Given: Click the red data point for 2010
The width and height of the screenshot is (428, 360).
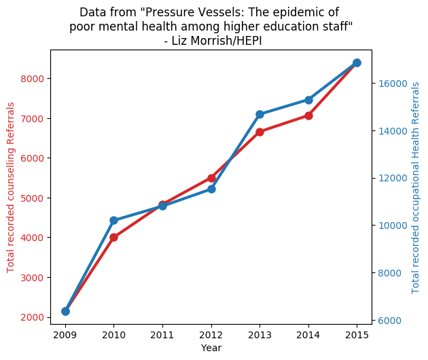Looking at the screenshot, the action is [x=114, y=238].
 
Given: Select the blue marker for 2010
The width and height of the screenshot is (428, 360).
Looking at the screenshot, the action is [x=114, y=221].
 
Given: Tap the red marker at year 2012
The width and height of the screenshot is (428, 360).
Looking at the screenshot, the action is [x=211, y=178].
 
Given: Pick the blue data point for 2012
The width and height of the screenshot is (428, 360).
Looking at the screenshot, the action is [x=211, y=189].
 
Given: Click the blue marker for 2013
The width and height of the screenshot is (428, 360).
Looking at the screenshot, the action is [x=260, y=114].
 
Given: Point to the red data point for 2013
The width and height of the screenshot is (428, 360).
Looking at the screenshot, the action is [x=260, y=132].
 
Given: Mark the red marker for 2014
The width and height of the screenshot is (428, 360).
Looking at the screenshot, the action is [x=308, y=115].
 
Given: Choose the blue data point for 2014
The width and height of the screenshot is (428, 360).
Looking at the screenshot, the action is [x=308, y=100].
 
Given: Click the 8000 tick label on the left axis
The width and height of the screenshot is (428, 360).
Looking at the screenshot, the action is [x=32, y=79].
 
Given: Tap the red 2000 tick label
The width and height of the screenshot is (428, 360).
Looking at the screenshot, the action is [x=32, y=317].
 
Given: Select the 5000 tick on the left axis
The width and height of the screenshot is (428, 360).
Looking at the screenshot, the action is [x=32, y=198].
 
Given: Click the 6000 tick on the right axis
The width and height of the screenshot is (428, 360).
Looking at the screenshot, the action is [x=390, y=321].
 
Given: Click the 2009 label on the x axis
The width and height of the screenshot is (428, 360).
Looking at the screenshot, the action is [x=65, y=335].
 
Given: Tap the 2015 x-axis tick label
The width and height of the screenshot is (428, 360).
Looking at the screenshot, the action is [x=357, y=335].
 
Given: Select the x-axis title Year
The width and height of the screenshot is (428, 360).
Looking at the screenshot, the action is [x=211, y=348].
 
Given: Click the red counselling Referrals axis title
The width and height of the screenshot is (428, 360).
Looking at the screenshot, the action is [x=11, y=187].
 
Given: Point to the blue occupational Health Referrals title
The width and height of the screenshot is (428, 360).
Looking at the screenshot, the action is [x=415, y=187].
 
